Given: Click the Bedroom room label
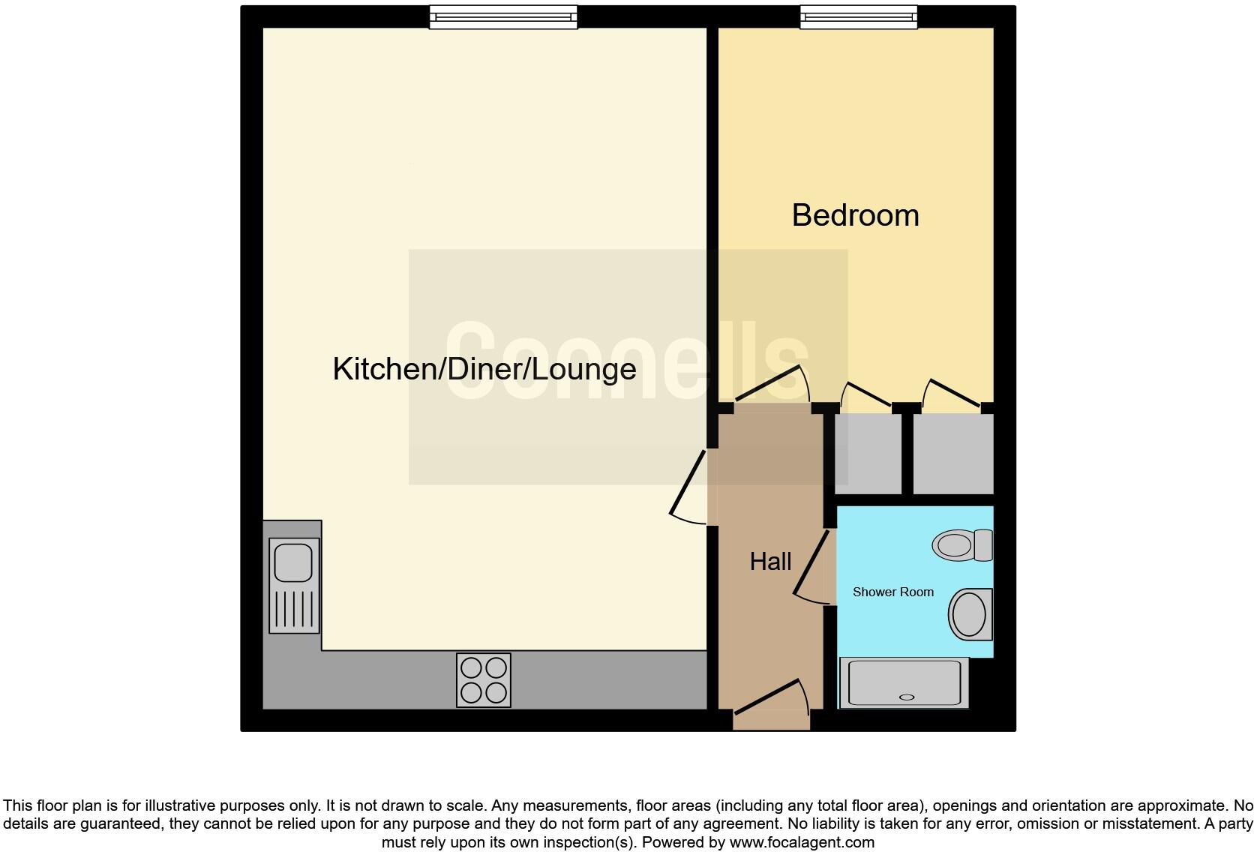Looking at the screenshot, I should (855, 215).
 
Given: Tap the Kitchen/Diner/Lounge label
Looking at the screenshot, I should (484, 369).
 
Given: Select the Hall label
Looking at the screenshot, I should (770, 562).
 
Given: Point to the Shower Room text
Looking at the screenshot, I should (892, 592).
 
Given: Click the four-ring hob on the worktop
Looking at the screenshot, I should (484, 680).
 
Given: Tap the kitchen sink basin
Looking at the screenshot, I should (293, 562).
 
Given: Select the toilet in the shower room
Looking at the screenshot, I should (961, 545).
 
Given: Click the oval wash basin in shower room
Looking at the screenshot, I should (969, 614).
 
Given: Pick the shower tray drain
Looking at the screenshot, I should (907, 697).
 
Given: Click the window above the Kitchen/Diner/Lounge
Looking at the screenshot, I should (503, 16).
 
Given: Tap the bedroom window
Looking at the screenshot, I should (858, 16).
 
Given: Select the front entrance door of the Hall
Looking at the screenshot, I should (771, 697).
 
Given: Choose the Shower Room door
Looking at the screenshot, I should (812, 566).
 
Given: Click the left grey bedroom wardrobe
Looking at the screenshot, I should (868, 454).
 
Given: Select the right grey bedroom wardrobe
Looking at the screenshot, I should (952, 454).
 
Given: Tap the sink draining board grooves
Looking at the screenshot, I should (294, 608).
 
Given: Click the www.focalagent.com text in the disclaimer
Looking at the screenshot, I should (802, 842).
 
